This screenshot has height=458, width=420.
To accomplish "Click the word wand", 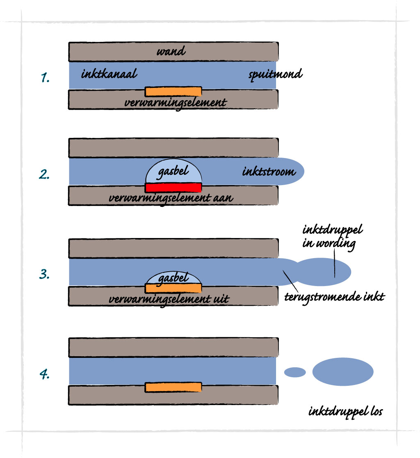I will tap(171, 52).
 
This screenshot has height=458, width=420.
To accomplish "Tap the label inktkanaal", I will tap(109, 75).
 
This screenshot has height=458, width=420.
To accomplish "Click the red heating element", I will tap(173, 188).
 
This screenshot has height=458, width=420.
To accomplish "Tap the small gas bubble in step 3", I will tap(173, 278).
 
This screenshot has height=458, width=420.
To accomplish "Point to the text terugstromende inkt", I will tap(335, 296).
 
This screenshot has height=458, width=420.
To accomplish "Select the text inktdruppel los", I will tap(345, 411).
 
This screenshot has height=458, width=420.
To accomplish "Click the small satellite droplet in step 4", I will tap(295, 372).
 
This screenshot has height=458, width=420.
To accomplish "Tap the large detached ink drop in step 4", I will tap(343, 371).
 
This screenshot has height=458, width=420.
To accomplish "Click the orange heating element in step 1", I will tap(173, 91).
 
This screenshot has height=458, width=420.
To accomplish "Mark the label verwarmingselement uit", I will tap(168, 298).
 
